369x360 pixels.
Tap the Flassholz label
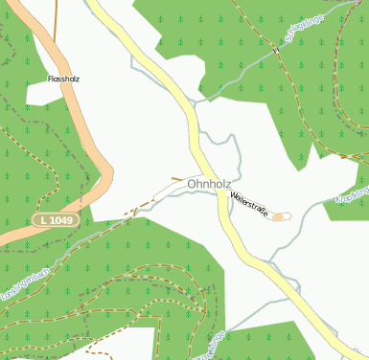[x=63, y=79]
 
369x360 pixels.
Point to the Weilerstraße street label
[x=248, y=203]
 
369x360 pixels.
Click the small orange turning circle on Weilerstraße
[x=278, y=216]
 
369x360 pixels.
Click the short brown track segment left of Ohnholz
[x=178, y=179]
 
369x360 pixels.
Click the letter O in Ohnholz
[x=193, y=183]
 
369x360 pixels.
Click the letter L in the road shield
[x=43, y=220]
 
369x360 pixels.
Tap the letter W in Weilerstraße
[x=232, y=194]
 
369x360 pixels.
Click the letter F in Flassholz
[x=49, y=79]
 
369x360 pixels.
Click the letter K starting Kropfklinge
[x=338, y=201]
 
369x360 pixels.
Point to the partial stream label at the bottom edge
[x=214, y=343]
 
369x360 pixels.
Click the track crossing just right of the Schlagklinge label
[x=277, y=49]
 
